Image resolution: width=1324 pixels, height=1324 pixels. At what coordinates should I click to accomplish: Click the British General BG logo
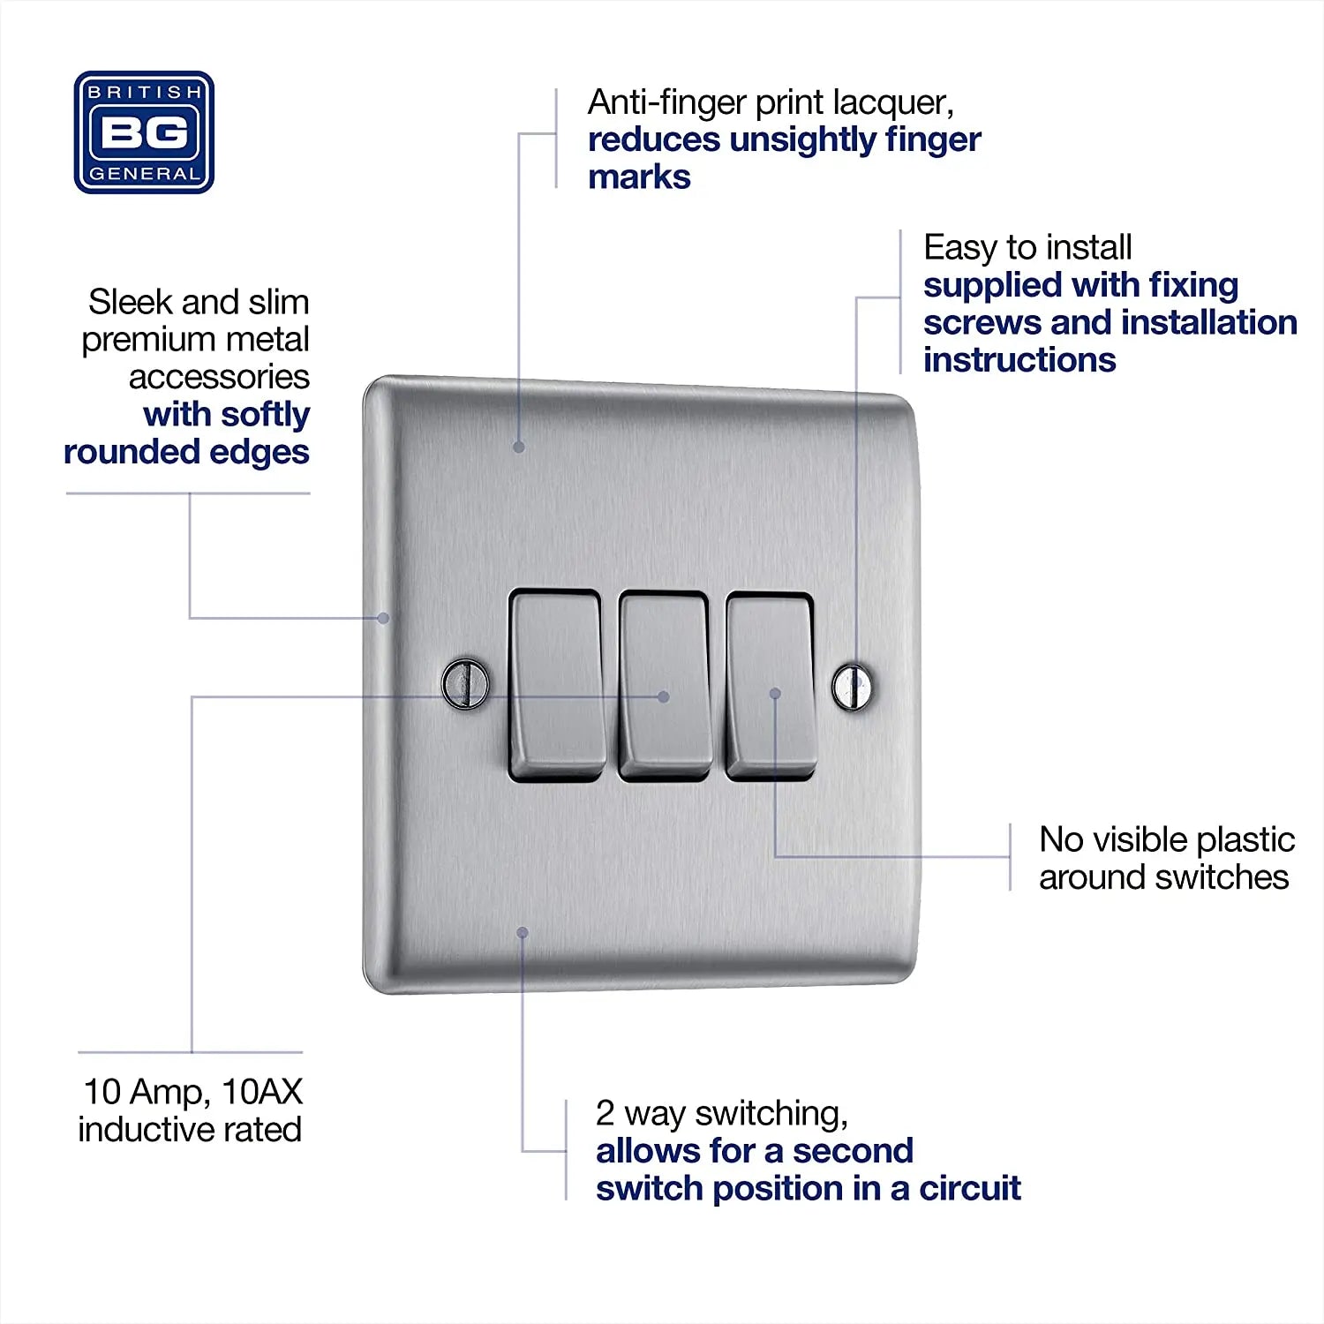[144, 132]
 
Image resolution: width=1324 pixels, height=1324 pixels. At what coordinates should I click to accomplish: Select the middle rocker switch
[665, 686]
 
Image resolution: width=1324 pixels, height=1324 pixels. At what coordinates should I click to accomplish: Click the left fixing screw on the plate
[465, 683]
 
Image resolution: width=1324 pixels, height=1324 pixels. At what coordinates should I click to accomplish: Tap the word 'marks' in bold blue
[639, 177]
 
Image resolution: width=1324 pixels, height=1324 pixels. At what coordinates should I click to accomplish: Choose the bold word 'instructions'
[1019, 360]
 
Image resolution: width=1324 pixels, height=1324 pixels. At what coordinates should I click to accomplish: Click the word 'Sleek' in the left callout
[129, 302]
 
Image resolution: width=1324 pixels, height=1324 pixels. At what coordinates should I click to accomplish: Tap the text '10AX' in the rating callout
[262, 1092]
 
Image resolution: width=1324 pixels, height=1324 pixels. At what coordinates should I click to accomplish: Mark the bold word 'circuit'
[970, 1189]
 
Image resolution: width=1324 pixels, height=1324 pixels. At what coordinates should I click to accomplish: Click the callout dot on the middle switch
[664, 696]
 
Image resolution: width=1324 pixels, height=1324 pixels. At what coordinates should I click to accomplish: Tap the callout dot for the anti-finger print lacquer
[519, 448]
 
